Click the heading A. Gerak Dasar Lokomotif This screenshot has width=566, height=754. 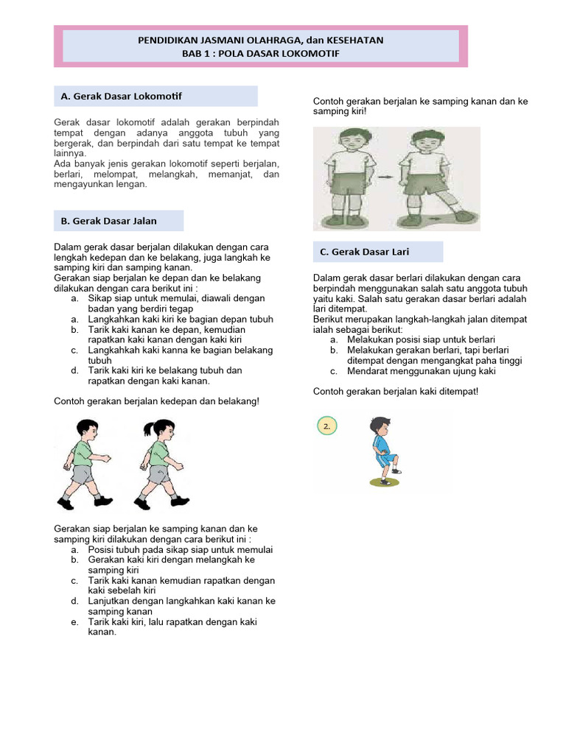pyautogui.click(x=122, y=96)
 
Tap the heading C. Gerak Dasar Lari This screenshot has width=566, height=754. pyautogui.click(x=364, y=252)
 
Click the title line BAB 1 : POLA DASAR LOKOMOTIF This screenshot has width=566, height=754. pyautogui.click(x=261, y=54)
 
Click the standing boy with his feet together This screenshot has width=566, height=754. pyautogui.click(x=345, y=177)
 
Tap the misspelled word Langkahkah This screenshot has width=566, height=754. pyautogui.click(x=113, y=350)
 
